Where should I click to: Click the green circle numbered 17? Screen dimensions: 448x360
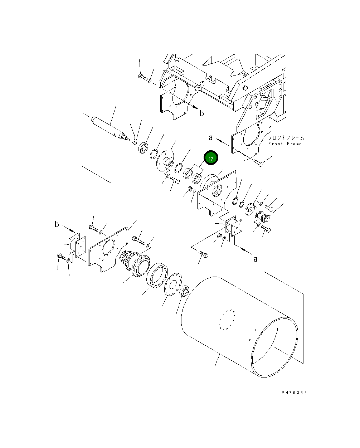pos(211,158)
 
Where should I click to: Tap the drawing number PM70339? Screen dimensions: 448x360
pos(294,393)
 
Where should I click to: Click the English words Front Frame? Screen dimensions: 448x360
pos(285,144)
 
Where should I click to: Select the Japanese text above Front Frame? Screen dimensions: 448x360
pos(286,137)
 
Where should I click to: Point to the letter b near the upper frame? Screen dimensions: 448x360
pos(202,113)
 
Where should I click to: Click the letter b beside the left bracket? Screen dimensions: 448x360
pos(57,224)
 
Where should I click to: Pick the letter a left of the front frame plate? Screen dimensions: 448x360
pos(211,137)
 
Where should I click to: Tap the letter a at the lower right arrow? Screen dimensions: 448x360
pos(255,259)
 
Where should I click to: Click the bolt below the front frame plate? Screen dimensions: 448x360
pos(258,163)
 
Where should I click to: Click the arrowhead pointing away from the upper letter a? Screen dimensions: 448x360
pos(219,140)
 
